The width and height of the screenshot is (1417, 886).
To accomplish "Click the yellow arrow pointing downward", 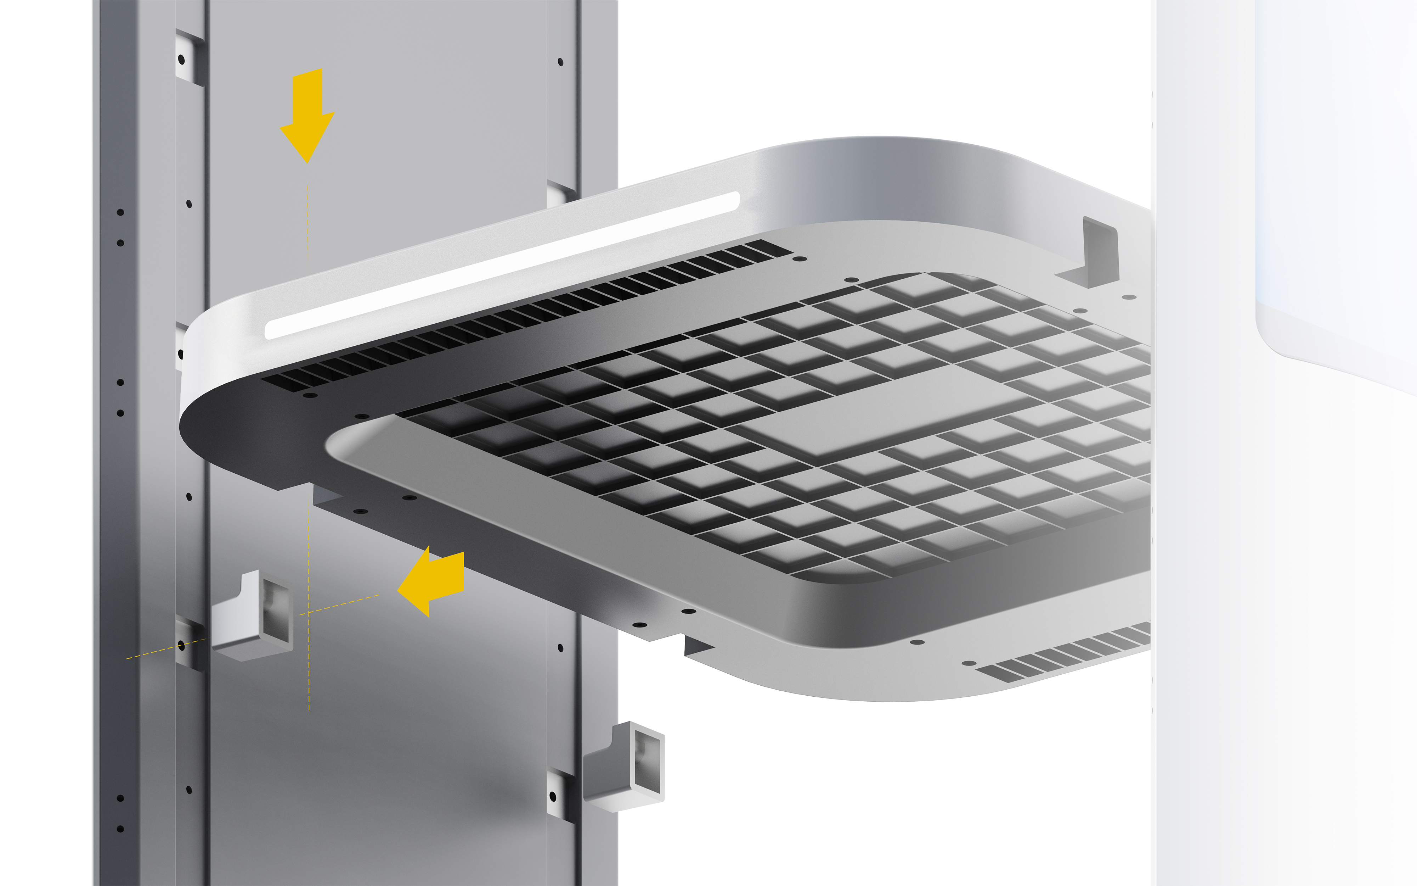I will [307, 114].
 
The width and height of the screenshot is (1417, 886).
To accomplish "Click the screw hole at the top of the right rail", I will [560, 62].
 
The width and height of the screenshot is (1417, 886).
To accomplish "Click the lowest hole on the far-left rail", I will [120, 829].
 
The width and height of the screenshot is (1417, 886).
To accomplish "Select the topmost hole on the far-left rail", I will [120, 212].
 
